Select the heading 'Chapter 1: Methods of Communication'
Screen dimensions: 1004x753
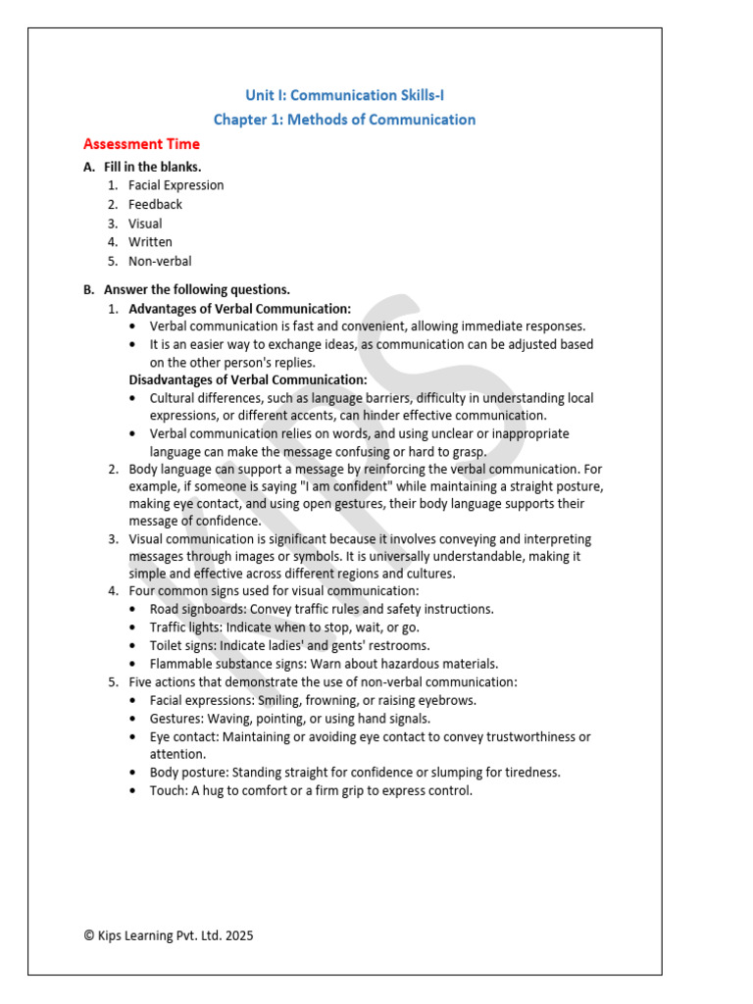[x=344, y=120]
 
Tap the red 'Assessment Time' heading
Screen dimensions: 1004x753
[x=141, y=143]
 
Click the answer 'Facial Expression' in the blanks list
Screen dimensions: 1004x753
[x=176, y=185]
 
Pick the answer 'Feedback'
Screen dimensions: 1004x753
[x=155, y=204]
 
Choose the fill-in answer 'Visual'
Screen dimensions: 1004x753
[x=145, y=224]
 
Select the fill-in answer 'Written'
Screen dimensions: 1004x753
[x=150, y=242]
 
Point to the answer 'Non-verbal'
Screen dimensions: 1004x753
[x=160, y=262]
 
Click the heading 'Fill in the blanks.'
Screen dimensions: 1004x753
[x=152, y=167]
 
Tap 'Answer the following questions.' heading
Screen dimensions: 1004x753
[x=196, y=289]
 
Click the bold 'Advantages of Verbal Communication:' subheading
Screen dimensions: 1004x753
[x=239, y=308]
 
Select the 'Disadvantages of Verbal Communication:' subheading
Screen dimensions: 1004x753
[x=248, y=379]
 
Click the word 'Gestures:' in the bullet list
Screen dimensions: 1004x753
[x=176, y=719]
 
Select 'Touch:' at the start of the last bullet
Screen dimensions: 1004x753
[x=167, y=790]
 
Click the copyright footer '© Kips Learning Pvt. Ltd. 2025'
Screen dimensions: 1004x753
[x=169, y=935]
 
